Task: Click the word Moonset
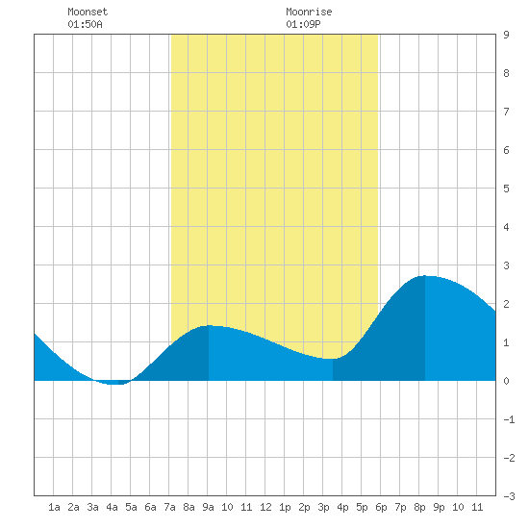(x=88, y=12)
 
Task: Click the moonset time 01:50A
(x=85, y=24)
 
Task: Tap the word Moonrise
(x=309, y=12)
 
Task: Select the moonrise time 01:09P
(x=303, y=24)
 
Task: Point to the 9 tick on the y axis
(x=506, y=35)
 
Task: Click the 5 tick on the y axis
(x=506, y=189)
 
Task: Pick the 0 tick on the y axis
(x=506, y=381)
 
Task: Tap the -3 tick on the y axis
(x=509, y=496)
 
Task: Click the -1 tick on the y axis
(x=509, y=419)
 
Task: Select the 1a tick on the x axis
(x=54, y=507)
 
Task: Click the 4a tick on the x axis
(x=112, y=507)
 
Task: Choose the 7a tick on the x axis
(x=169, y=507)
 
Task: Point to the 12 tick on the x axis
(x=265, y=507)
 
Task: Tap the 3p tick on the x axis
(x=323, y=507)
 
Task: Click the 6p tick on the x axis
(x=381, y=507)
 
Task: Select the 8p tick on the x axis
(x=419, y=507)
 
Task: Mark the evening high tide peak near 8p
(x=425, y=276)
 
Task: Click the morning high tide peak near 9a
(x=209, y=325)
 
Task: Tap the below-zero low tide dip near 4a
(x=114, y=384)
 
